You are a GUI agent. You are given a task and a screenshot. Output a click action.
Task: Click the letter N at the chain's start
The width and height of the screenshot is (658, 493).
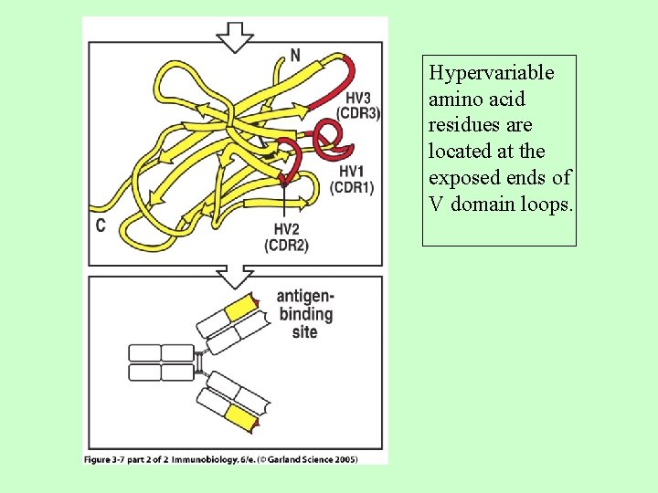(x=295, y=56)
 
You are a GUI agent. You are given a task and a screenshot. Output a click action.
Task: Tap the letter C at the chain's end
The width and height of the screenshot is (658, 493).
(x=101, y=225)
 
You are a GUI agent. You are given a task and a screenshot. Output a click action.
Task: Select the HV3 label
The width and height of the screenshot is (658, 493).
(x=358, y=99)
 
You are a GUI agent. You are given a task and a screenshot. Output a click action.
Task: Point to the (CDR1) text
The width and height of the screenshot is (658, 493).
(x=352, y=188)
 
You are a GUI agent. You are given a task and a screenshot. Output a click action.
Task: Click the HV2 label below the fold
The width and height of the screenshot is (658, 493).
(x=286, y=229)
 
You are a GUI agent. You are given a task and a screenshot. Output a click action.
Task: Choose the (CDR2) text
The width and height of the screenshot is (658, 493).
(x=286, y=245)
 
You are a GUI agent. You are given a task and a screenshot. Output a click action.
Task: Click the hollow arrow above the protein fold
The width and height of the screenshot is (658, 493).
(x=235, y=37)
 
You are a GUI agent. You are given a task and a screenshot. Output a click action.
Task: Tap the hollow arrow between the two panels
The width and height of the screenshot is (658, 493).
(x=235, y=275)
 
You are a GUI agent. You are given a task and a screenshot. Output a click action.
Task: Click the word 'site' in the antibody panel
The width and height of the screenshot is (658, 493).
(x=304, y=332)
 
